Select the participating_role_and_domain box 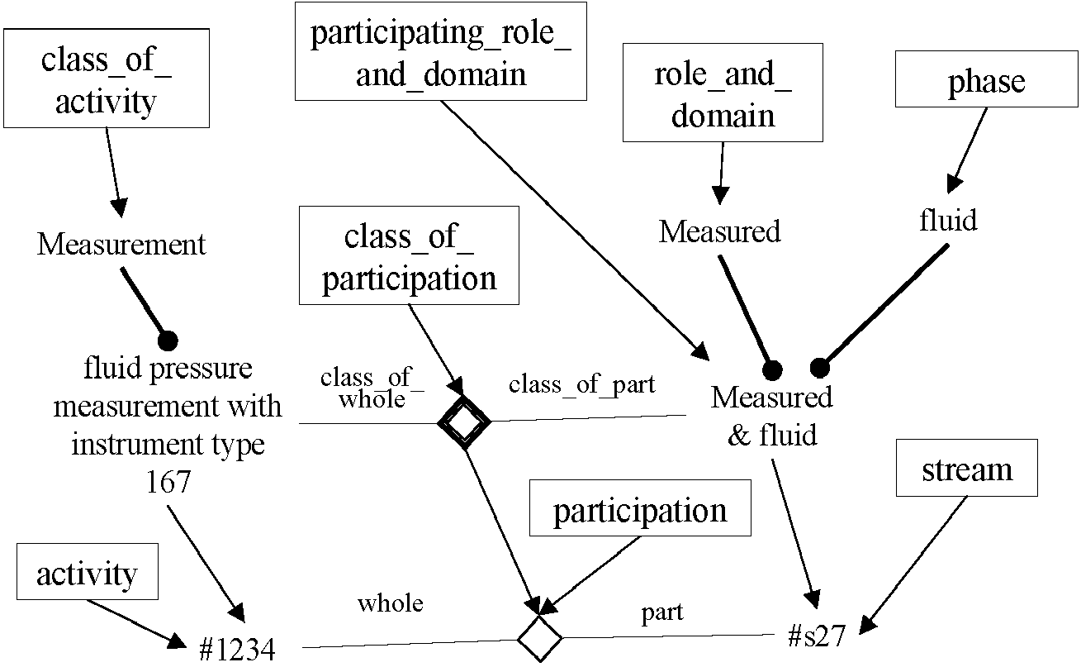click(x=440, y=51)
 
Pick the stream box click(x=966, y=470)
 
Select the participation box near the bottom click(x=640, y=511)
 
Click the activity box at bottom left click(x=87, y=573)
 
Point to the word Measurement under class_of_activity click(x=121, y=245)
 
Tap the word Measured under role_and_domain click(x=719, y=231)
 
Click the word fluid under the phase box click(x=948, y=220)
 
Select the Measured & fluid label click(x=772, y=415)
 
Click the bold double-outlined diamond click(x=463, y=423)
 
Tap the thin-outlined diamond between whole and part click(x=539, y=638)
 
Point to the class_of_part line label click(x=581, y=384)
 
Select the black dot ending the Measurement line click(x=168, y=339)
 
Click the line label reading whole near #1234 click(x=390, y=603)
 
